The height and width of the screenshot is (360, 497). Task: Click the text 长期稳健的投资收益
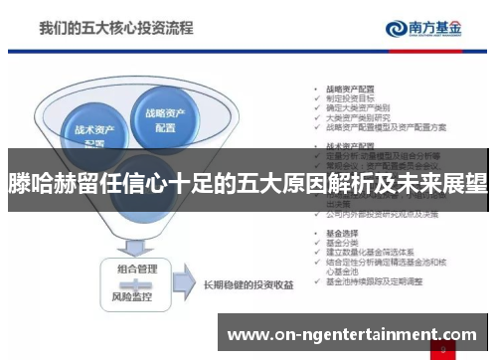(x=247, y=284)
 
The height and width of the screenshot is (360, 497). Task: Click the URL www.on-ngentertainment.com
(x=353, y=335)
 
